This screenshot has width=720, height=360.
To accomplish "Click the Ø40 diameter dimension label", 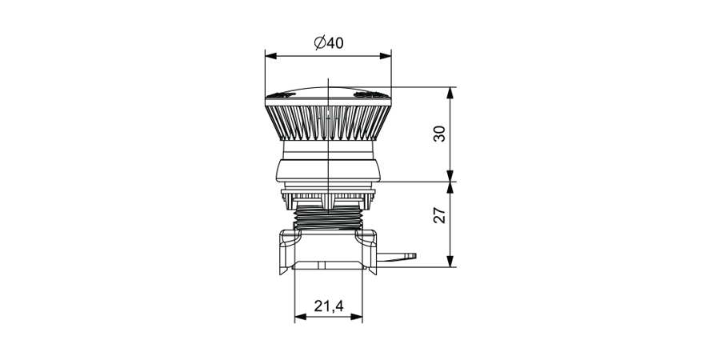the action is tap(329, 42).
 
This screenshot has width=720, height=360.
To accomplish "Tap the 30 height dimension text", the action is tap(439, 134).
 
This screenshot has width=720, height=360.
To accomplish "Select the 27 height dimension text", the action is tap(439, 215).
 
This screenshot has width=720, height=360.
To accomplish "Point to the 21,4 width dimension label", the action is tap(329, 306).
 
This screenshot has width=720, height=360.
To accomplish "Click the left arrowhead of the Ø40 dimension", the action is tap(271, 56).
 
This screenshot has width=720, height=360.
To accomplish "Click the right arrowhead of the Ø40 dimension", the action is tap(386, 56).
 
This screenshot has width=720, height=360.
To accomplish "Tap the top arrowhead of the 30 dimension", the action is tap(450, 93).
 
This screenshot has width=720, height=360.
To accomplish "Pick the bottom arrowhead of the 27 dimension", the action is tap(450, 262).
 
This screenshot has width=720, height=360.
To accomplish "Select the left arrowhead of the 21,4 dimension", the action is tap(300, 317).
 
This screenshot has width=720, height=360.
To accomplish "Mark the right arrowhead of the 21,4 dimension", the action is tap(356, 317).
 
